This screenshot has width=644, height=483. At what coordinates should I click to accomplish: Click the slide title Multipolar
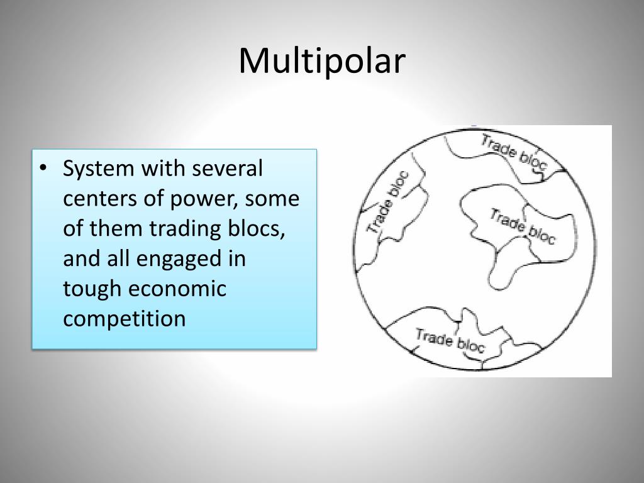pos(322,62)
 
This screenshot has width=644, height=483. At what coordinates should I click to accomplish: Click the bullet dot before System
pos(43,169)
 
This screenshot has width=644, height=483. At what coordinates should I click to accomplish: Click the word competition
pos(125,319)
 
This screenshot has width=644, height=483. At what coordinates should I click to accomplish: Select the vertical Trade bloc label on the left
pos(387,203)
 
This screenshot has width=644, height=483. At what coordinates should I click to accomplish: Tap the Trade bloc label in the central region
pos(523,226)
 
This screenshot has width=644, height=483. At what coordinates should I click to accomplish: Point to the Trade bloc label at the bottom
pos(450,340)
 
